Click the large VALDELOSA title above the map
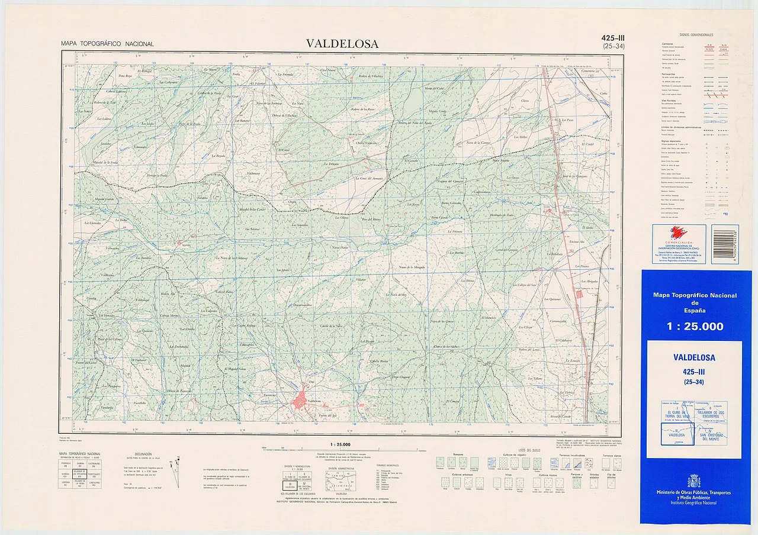coord(342,43)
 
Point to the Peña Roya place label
coord(124,76)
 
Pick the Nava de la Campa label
coord(480,143)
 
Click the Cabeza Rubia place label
coord(223,291)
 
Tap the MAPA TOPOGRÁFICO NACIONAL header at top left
coord(107,44)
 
